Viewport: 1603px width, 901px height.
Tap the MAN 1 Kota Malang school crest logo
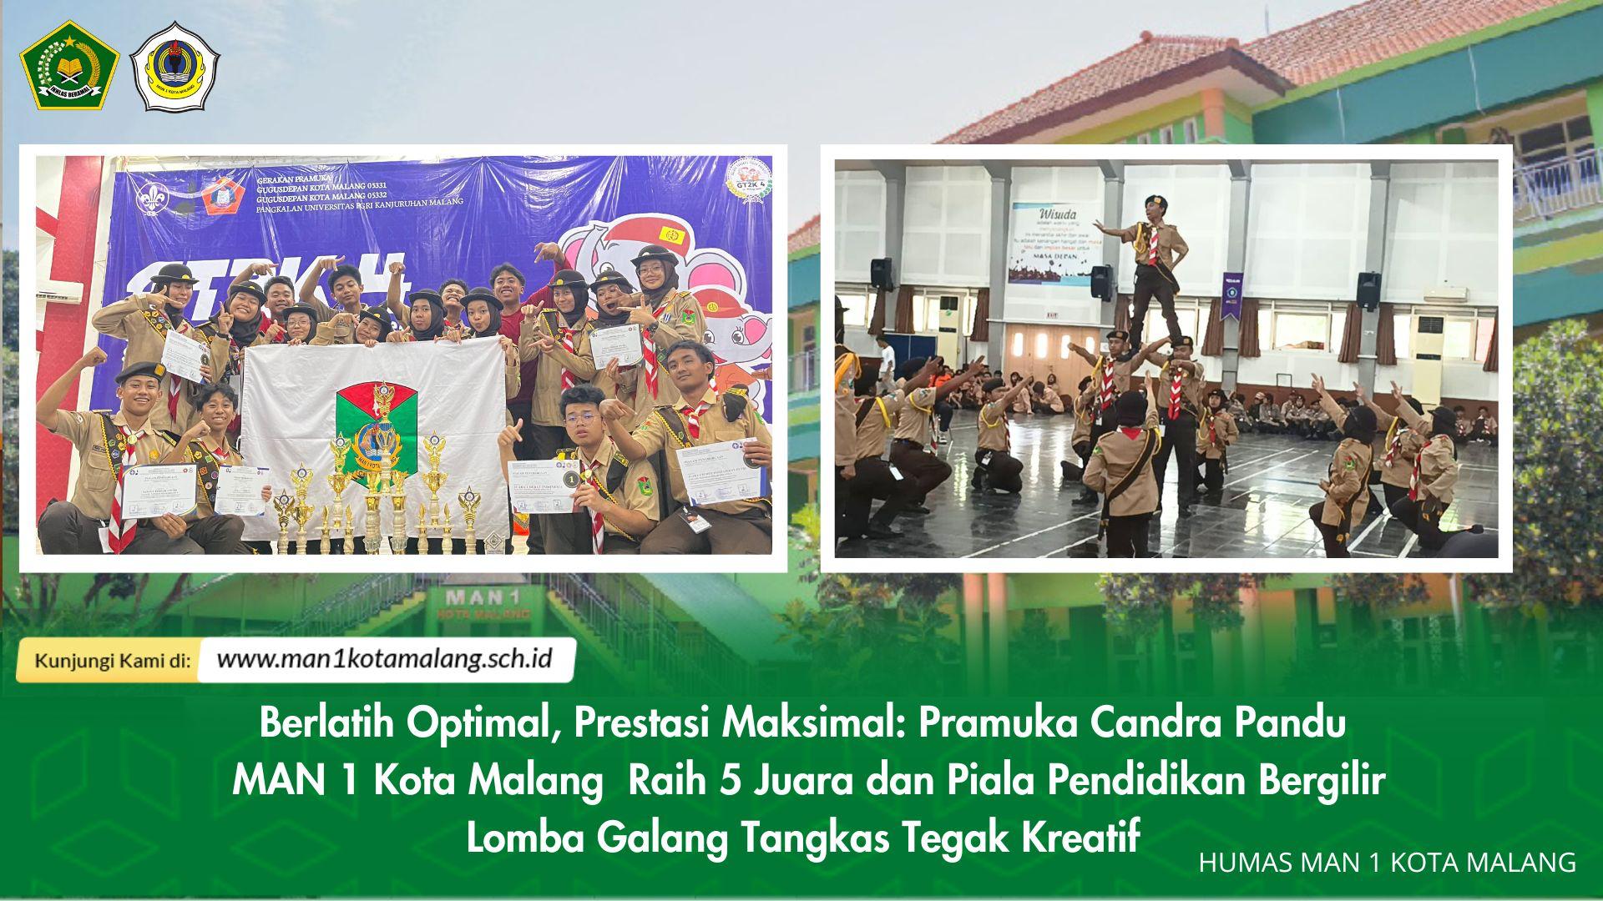[175, 67]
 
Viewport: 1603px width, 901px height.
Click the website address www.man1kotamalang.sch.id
[385, 659]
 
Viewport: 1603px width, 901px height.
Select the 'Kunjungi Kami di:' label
[113, 661]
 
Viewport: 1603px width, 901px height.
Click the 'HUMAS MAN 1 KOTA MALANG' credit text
[1387, 863]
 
